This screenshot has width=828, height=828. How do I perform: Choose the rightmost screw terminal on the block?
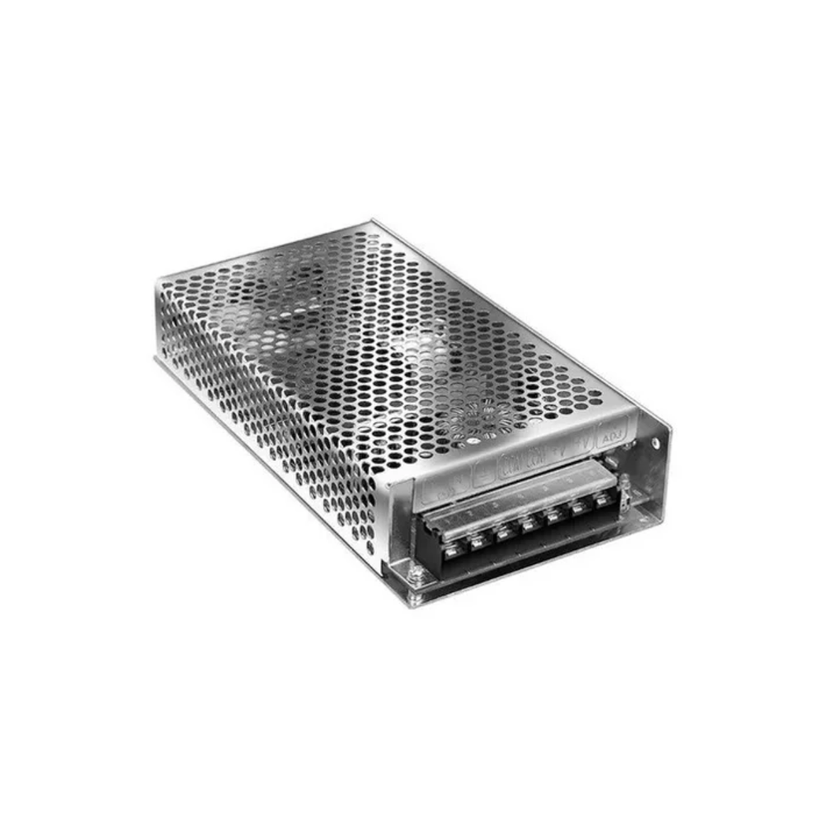[602, 501]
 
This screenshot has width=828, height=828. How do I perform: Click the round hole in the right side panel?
[656, 442]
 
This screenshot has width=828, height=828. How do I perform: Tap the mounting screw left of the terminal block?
[416, 575]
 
